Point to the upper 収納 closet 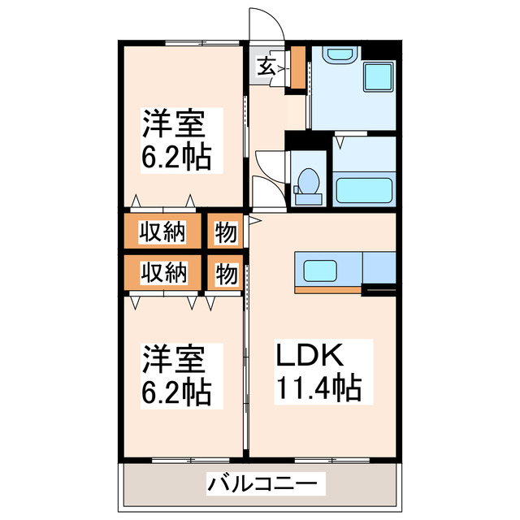pyautogui.click(x=162, y=232)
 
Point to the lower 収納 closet pyautogui.click(x=162, y=272)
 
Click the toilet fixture pyautogui.click(x=309, y=184)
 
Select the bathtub pyautogui.click(x=363, y=190)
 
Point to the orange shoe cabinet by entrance pyautogui.click(x=297, y=68)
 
